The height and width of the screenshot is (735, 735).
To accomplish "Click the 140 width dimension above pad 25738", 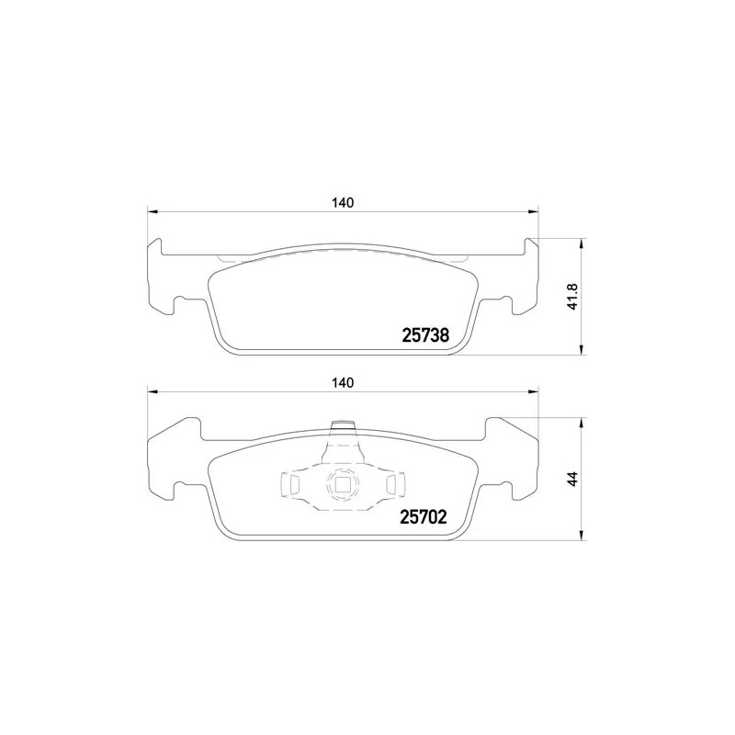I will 343,202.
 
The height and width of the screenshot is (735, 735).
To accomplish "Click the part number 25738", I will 425,336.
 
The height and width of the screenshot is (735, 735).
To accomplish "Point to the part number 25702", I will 423,517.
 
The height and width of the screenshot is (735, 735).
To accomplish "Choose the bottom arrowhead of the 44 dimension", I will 581,535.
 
